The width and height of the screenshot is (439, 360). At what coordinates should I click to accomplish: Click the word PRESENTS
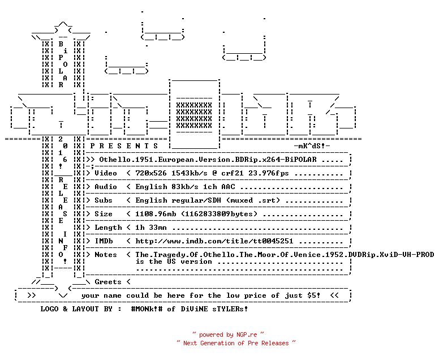124,146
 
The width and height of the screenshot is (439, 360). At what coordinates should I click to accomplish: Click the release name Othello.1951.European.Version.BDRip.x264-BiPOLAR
208,160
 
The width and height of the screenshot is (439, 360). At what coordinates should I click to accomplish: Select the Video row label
106,173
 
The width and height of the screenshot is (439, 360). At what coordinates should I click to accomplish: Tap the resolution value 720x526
151,173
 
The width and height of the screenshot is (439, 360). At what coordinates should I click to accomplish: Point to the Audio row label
106,187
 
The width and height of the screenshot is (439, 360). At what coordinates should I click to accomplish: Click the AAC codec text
228,187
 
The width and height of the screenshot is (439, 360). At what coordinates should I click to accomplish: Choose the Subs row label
104,200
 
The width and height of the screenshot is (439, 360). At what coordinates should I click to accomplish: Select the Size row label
104,214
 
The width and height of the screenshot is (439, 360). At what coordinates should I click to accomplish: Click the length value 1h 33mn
151,228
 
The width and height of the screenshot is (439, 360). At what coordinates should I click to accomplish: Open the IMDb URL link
214,241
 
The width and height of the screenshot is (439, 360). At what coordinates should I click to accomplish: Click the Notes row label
106,255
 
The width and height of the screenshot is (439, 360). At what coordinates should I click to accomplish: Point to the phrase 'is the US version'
174,262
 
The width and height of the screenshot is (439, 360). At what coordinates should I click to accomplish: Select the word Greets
108,282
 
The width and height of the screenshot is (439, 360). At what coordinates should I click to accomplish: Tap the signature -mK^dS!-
312,146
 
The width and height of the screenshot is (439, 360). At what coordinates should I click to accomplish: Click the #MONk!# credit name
147,309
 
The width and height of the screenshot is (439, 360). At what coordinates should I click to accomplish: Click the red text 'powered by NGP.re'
228,335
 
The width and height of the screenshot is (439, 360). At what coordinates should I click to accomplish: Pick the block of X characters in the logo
194,115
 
